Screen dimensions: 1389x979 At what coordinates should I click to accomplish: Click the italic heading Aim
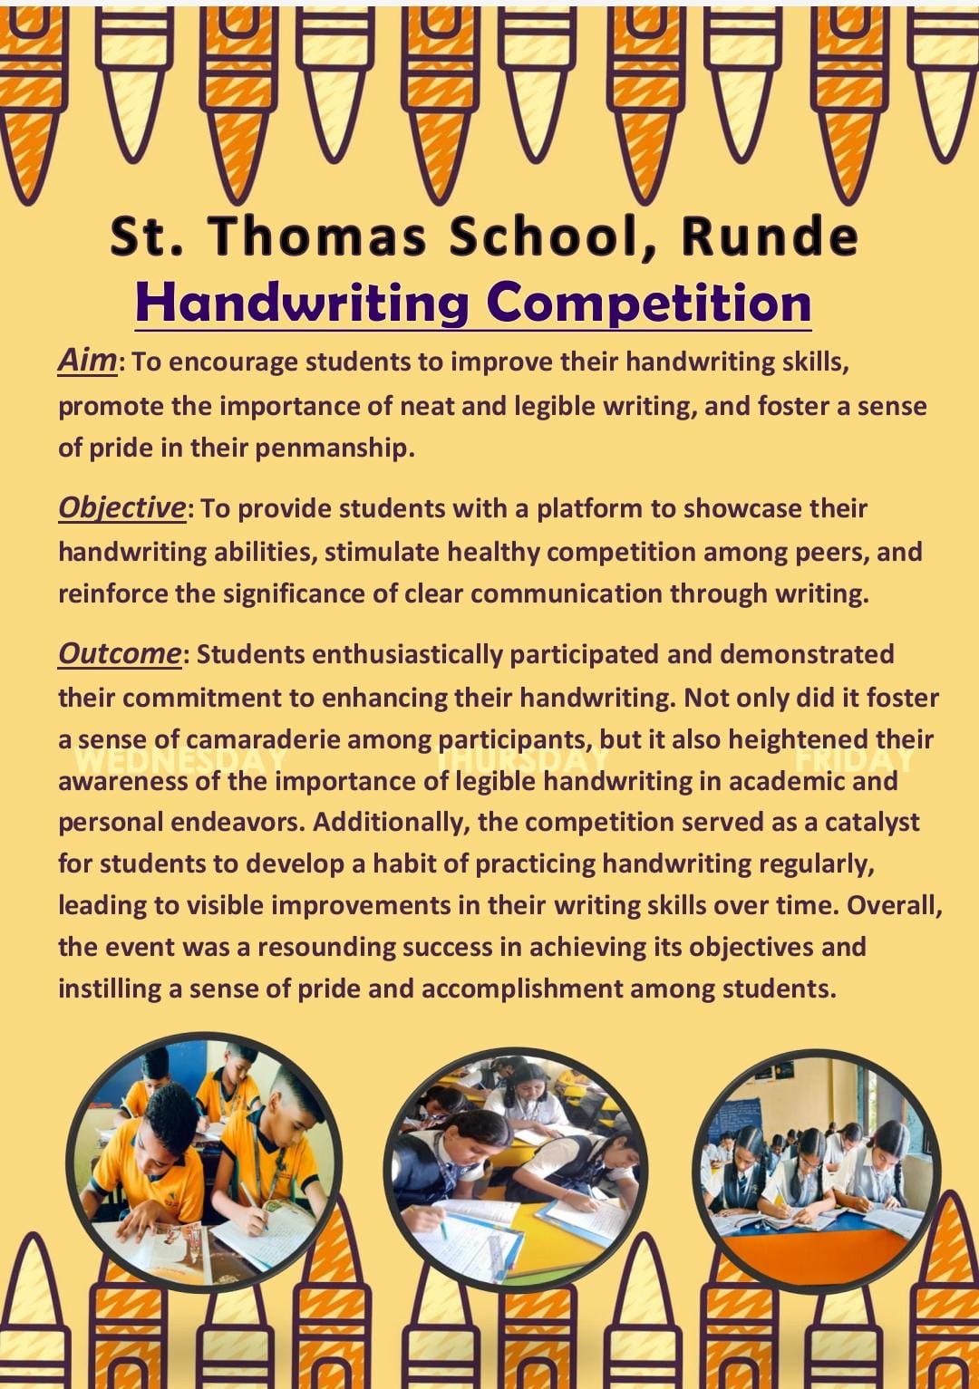pos(87,360)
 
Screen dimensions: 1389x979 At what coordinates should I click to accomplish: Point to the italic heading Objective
pos(121,506)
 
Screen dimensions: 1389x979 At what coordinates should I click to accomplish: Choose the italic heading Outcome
pos(120,652)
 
